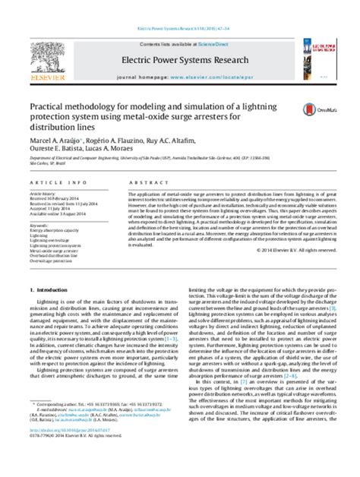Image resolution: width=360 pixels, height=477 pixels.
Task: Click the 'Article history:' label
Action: point(43,194)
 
